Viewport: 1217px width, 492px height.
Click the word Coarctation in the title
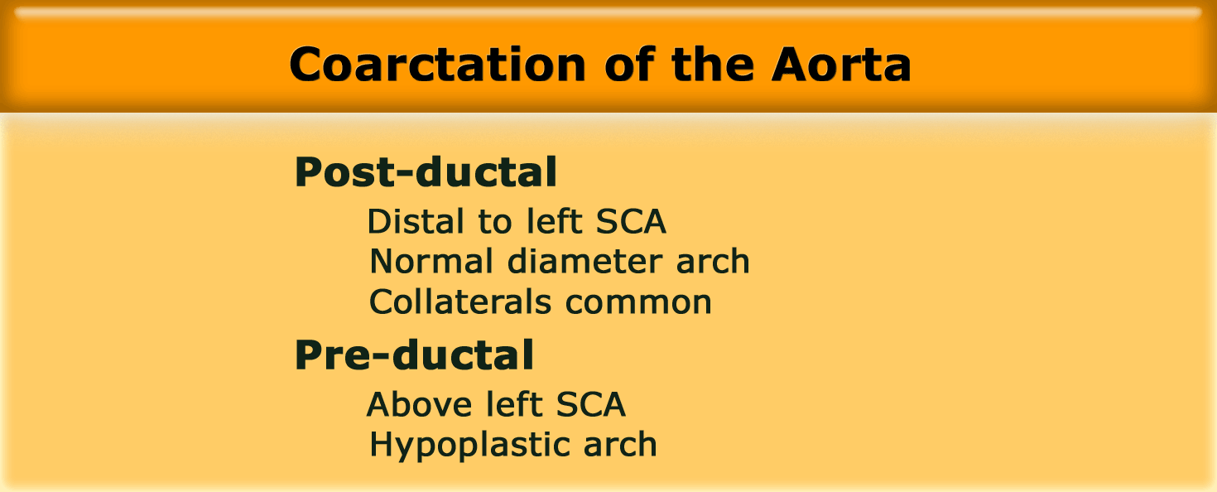coord(437,65)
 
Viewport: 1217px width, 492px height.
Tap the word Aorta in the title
coord(841,65)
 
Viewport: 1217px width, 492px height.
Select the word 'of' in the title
coord(630,64)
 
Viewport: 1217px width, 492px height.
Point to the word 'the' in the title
coord(713,64)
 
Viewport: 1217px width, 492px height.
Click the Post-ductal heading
coord(426,171)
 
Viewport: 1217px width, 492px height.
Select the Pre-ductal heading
coord(414,355)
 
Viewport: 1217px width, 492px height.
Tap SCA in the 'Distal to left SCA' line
coord(631,221)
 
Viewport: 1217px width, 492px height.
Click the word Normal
coord(431,262)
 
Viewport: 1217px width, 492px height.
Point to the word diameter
coord(584,261)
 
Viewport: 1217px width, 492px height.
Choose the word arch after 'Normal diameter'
coord(713,261)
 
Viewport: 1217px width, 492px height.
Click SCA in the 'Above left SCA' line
coord(590,404)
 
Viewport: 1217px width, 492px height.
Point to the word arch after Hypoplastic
coord(620,444)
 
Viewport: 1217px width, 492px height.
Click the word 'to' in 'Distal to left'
coord(495,222)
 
